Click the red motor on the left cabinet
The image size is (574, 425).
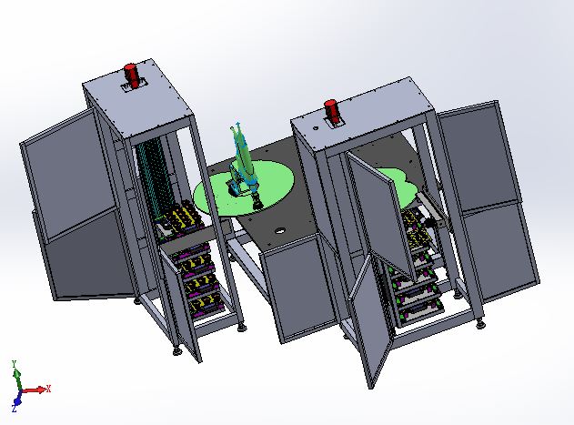(x=131, y=76)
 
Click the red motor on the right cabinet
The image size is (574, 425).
(x=332, y=111)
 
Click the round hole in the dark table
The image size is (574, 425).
(x=280, y=231)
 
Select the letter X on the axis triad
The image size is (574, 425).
(x=48, y=389)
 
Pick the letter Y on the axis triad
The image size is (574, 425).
(x=15, y=364)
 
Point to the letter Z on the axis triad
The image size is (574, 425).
(x=14, y=409)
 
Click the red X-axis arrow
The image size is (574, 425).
(x=34, y=390)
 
